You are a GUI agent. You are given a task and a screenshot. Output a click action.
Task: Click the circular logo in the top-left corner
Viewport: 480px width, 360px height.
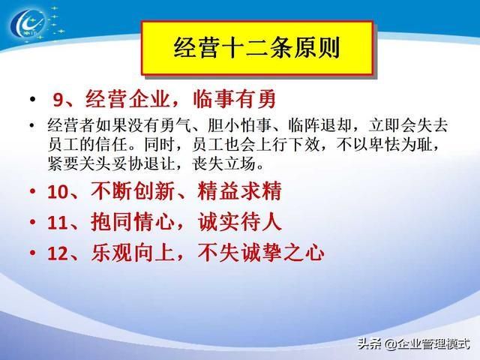click(28, 22)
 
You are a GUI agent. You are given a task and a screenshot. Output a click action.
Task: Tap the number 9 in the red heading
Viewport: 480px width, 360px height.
click(58, 100)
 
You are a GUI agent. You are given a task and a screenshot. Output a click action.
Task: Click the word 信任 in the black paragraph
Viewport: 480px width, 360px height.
click(112, 145)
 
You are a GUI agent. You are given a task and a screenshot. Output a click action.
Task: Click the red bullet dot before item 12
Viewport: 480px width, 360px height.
click(33, 253)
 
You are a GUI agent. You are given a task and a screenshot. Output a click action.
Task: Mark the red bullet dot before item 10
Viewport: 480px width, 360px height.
click(33, 192)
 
